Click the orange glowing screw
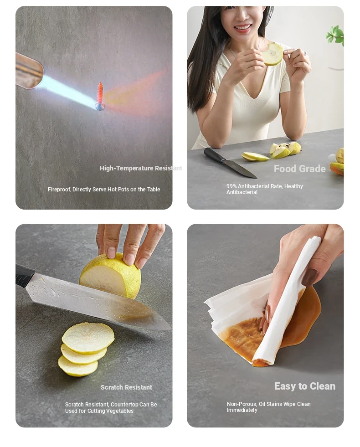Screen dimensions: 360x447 tap(100, 96)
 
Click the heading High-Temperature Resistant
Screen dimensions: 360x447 tap(141, 168)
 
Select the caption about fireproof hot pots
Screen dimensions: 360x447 tap(104, 189)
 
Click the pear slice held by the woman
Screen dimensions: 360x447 tap(273, 54)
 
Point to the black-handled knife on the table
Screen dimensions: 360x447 tap(230, 163)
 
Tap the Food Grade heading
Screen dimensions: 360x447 tap(299, 169)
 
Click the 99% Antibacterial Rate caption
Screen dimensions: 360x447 tap(264, 189)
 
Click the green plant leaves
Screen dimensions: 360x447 tap(335, 35)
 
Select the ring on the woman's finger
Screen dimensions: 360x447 tap(305, 53)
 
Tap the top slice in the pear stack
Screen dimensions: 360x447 tap(88, 338)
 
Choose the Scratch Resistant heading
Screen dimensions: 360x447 tap(126, 387)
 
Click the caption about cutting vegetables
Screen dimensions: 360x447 tap(111, 408)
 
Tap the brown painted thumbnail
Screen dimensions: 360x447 tap(309, 277)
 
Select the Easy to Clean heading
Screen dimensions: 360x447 tap(305, 386)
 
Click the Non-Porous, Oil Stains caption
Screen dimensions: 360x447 tap(268, 407)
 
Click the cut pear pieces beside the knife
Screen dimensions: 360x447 tap(271, 152)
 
